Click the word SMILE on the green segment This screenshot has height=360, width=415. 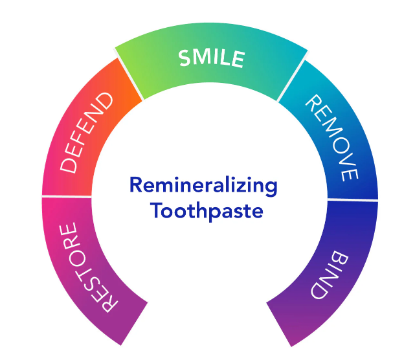[x=211, y=58]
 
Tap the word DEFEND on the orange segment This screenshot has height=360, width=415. [x=86, y=133]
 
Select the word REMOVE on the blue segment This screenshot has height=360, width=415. [x=332, y=138]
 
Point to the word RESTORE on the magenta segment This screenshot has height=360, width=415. [x=87, y=267]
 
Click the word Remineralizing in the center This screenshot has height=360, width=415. [x=203, y=186]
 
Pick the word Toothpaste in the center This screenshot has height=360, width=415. [x=207, y=211]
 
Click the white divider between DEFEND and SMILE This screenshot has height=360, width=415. [x=129, y=78]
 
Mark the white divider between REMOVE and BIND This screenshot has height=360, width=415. [x=353, y=200]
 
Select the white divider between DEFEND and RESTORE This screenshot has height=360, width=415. [x=67, y=196]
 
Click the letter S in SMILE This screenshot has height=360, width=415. [x=185, y=58]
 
